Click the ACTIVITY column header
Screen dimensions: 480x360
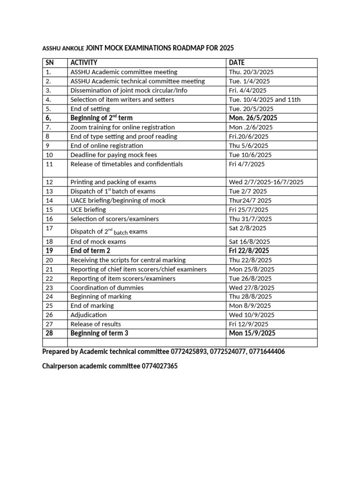point(84,63)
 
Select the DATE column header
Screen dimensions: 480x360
point(237,63)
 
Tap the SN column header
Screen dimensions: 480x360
point(50,63)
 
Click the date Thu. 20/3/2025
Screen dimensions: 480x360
point(251,72)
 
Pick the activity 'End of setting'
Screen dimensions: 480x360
point(90,109)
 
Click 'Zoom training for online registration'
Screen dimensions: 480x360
point(122,127)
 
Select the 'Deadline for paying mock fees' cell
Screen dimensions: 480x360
point(113,155)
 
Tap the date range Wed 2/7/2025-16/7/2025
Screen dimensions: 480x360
point(266,182)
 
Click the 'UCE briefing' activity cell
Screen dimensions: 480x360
point(88,210)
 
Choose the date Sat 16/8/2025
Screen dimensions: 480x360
point(249,242)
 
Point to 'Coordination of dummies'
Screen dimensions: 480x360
point(107,287)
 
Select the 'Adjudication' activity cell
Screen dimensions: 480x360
point(89,315)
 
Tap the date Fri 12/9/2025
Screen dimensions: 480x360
point(248,324)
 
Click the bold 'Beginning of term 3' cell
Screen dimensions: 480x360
point(99,333)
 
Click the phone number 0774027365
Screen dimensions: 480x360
point(159,366)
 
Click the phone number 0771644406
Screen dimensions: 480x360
point(267,352)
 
